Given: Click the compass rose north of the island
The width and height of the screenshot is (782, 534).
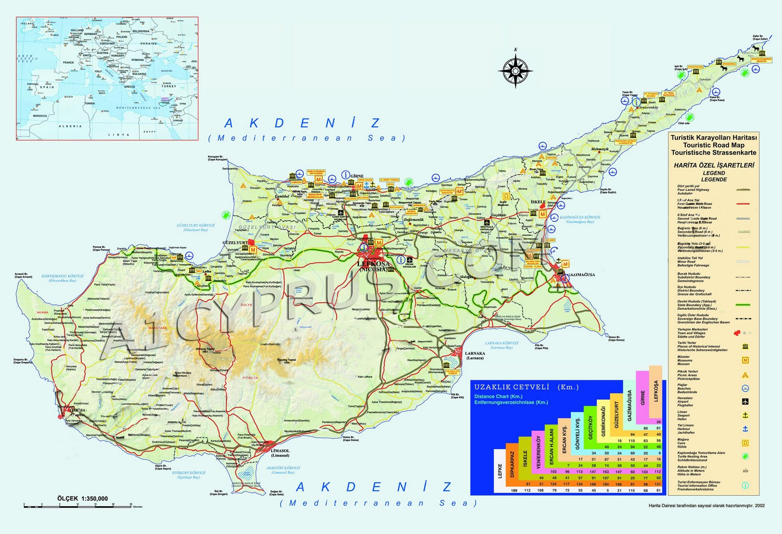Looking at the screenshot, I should coord(516,70).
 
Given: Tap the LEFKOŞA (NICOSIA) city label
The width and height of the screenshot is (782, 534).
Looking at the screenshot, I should coord(373,266).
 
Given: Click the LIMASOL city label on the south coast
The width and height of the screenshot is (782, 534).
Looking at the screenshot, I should coord(280,453).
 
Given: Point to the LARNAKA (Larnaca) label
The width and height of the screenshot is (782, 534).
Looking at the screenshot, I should coord(475,355).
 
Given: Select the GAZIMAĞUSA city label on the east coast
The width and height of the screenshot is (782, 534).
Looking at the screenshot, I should coord(581,275).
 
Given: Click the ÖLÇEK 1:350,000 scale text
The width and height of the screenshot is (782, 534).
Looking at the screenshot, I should coord(83,498).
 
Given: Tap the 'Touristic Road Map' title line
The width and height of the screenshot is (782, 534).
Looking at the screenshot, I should coord(714,145).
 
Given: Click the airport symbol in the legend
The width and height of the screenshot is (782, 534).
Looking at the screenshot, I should coord(745,401).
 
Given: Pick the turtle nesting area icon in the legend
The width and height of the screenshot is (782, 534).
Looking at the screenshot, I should coord(745,456).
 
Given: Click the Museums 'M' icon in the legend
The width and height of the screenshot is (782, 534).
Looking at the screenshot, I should coord(745,360).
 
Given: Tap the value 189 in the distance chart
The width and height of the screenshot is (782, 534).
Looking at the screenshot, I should coord(514,490).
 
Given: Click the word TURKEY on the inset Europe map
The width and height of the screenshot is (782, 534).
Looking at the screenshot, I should coord(169,86).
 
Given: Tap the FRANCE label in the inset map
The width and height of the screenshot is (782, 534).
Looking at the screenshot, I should coord(68,62).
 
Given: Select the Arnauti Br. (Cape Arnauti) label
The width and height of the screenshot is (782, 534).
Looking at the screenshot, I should coord(23,276).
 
